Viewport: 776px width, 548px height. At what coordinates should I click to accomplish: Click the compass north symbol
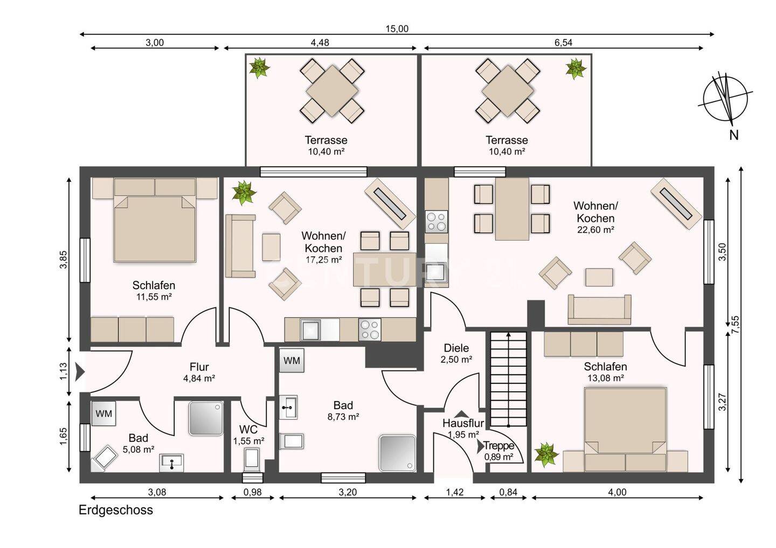pyautogui.click(x=725, y=99)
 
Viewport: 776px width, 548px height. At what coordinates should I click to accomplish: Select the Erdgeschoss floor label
pyautogui.click(x=116, y=510)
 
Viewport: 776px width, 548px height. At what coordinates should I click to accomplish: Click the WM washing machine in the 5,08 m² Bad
pyautogui.click(x=103, y=413)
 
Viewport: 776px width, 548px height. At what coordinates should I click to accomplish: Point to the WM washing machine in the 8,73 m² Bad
pyautogui.click(x=292, y=360)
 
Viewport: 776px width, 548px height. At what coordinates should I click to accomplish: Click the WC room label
pyautogui.click(x=248, y=430)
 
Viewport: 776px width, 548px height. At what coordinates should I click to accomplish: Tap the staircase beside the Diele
pyautogui.click(x=508, y=379)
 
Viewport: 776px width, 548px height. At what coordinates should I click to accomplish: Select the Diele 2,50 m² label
pyautogui.click(x=456, y=353)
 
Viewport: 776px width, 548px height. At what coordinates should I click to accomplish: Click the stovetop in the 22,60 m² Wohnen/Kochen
pyautogui.click(x=436, y=221)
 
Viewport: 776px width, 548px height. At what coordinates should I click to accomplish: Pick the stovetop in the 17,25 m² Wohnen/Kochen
pyautogui.click(x=370, y=329)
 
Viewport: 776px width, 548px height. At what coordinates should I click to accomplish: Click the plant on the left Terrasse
pyautogui.click(x=259, y=68)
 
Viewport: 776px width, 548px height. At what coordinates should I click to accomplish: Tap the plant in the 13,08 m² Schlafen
pyautogui.click(x=546, y=454)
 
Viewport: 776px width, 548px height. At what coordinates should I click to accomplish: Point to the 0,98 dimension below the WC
pyautogui.click(x=252, y=492)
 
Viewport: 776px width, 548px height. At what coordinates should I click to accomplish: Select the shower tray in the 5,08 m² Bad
pyautogui.click(x=206, y=418)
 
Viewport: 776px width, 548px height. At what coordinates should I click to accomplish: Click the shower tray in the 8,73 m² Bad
pyautogui.click(x=397, y=453)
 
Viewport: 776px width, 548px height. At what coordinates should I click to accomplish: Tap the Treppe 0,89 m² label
pyautogui.click(x=498, y=451)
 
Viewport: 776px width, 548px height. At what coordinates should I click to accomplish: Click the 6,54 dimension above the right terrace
pyautogui.click(x=563, y=43)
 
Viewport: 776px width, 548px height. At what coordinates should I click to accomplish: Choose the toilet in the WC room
pyautogui.click(x=252, y=460)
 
